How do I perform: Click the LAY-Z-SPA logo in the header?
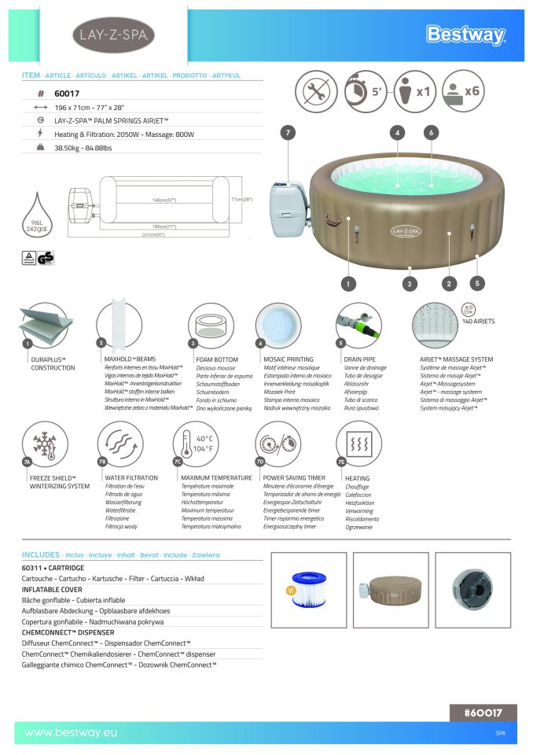click(x=113, y=35)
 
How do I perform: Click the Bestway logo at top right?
click(x=465, y=35)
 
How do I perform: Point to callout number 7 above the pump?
click(x=289, y=133)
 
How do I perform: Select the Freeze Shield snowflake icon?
click(x=45, y=444)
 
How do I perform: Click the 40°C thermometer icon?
click(x=195, y=444)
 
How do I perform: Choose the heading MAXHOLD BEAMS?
click(x=130, y=359)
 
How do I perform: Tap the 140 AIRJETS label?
click(x=478, y=321)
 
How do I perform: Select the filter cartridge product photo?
click(x=308, y=589)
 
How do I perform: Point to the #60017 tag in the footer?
click(x=483, y=713)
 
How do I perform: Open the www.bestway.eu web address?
click(x=71, y=733)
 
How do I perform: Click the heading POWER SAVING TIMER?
click(x=294, y=477)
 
